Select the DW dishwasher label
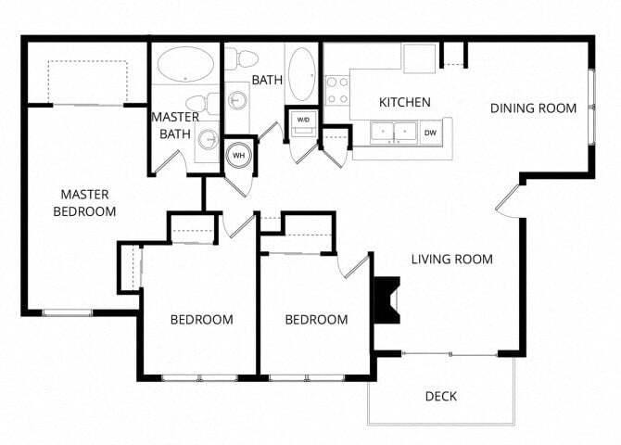tap(430, 133)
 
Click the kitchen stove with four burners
tap(337, 90)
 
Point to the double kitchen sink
tap(394, 133)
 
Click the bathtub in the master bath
tap(185, 64)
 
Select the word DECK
tap(440, 397)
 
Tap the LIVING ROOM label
tap(451, 260)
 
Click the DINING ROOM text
tap(533, 108)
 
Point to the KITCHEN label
tap(403, 102)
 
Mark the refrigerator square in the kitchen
tap(419, 57)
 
